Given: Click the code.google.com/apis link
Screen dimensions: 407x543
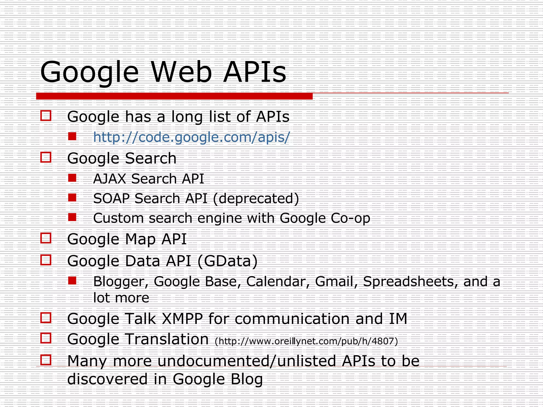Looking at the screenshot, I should [191, 137].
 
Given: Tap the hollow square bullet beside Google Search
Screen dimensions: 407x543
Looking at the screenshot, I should [46, 157].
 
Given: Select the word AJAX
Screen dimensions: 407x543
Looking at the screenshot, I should [110, 179].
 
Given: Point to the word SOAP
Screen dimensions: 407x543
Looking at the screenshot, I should [111, 198].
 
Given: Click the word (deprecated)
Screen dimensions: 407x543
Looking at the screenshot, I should [256, 198].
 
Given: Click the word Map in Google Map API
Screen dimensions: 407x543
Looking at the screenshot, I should [141, 239].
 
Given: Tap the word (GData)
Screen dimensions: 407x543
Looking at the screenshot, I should [227, 261].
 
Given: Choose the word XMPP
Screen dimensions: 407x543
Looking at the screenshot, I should [182, 318].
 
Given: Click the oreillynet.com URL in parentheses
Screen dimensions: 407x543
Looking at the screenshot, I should [306, 341].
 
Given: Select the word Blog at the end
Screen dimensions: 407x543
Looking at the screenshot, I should [247, 379].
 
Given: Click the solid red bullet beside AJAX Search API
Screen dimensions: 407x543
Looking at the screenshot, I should [72, 178].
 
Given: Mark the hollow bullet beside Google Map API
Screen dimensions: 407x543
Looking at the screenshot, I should [46, 238].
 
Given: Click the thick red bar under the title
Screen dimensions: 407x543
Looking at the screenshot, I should [174, 96].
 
